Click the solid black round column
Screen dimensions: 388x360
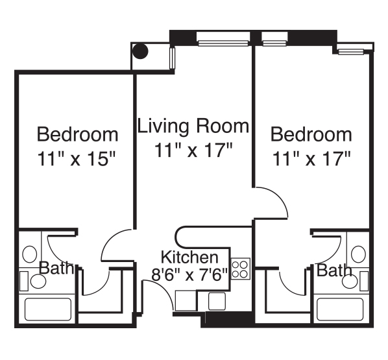[x=140, y=51]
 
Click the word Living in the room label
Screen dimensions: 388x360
[x=164, y=126]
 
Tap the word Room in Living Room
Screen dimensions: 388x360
[x=223, y=126]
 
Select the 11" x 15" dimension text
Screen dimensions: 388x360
[x=77, y=159]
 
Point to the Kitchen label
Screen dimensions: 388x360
[x=189, y=258]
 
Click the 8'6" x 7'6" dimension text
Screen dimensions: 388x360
[x=189, y=274]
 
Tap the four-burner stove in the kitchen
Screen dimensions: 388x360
[x=241, y=269]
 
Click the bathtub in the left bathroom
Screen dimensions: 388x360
[x=48, y=309]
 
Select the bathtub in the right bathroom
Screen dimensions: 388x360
[x=340, y=309]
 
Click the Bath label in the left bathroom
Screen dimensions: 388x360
[x=56, y=268]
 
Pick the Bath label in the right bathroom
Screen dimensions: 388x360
[x=334, y=270]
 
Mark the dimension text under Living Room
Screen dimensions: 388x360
[x=193, y=150]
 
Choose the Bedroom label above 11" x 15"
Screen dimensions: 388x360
[x=77, y=134]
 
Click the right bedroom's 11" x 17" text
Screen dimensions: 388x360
[x=311, y=159]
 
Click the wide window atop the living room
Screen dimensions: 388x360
[x=223, y=43]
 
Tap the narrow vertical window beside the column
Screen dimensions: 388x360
[x=172, y=58]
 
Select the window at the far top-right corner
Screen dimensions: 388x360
[x=351, y=51]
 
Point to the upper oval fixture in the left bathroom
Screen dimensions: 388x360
[x=30, y=254]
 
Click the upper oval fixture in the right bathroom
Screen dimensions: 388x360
[x=358, y=254]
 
